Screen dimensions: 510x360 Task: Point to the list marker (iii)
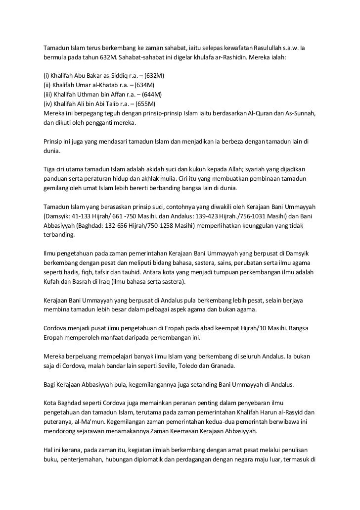coord(48,95)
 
